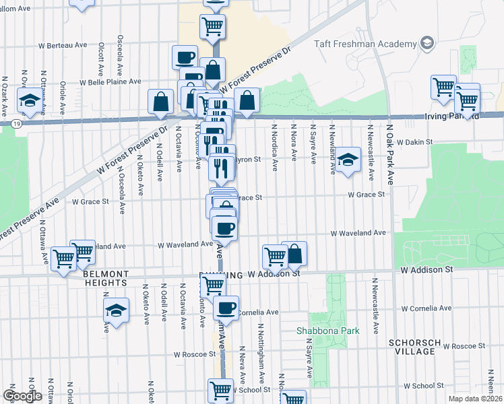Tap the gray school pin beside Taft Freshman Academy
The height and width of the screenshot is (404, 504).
(426, 44)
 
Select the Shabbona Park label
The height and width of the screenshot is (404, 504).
(329, 331)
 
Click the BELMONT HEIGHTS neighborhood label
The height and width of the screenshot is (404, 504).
(105, 279)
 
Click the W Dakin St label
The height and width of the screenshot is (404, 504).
(415, 143)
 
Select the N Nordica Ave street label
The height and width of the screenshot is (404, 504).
(275, 147)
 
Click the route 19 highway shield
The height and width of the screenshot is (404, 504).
(15, 123)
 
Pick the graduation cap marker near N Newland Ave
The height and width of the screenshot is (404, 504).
(347, 160)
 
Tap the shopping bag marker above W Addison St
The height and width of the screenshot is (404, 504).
(294, 254)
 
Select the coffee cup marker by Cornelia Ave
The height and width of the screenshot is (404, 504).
(226, 308)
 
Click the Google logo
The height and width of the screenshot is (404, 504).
(22, 396)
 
